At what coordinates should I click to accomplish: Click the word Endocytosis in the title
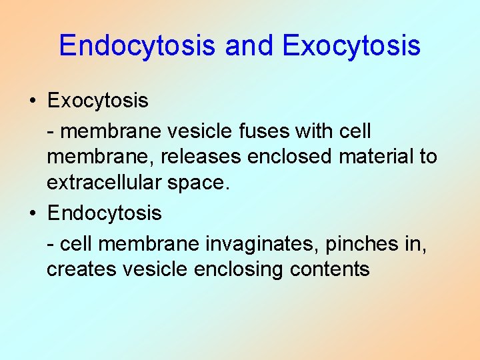pos(137,45)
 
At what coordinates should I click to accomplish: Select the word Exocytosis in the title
pos(351,45)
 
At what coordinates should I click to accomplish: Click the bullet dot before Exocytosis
pos(32,101)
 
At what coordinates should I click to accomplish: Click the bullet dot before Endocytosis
pos(32,213)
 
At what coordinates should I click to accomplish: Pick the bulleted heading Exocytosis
pos(97,101)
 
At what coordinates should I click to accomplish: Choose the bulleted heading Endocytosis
pos(104,213)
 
